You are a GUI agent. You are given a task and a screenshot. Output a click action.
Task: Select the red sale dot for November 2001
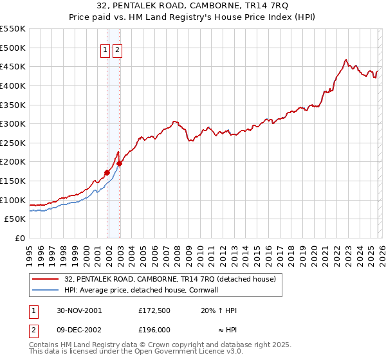pyautogui.click(x=107, y=172)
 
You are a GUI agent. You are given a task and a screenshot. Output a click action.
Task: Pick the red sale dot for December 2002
pyautogui.click(x=119, y=163)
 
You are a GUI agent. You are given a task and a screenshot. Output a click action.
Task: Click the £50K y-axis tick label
pyautogui.click(x=15, y=219)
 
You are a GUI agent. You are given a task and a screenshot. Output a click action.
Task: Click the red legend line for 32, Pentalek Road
pyautogui.click(x=46, y=279)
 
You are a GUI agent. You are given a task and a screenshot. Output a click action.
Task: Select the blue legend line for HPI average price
pyautogui.click(x=46, y=290)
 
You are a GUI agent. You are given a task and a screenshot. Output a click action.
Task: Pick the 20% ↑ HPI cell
pyautogui.click(x=219, y=310)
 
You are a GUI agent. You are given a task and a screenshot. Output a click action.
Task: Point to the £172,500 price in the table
pyautogui.click(x=155, y=310)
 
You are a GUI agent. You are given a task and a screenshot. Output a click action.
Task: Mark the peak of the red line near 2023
pyautogui.click(x=346, y=59)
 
